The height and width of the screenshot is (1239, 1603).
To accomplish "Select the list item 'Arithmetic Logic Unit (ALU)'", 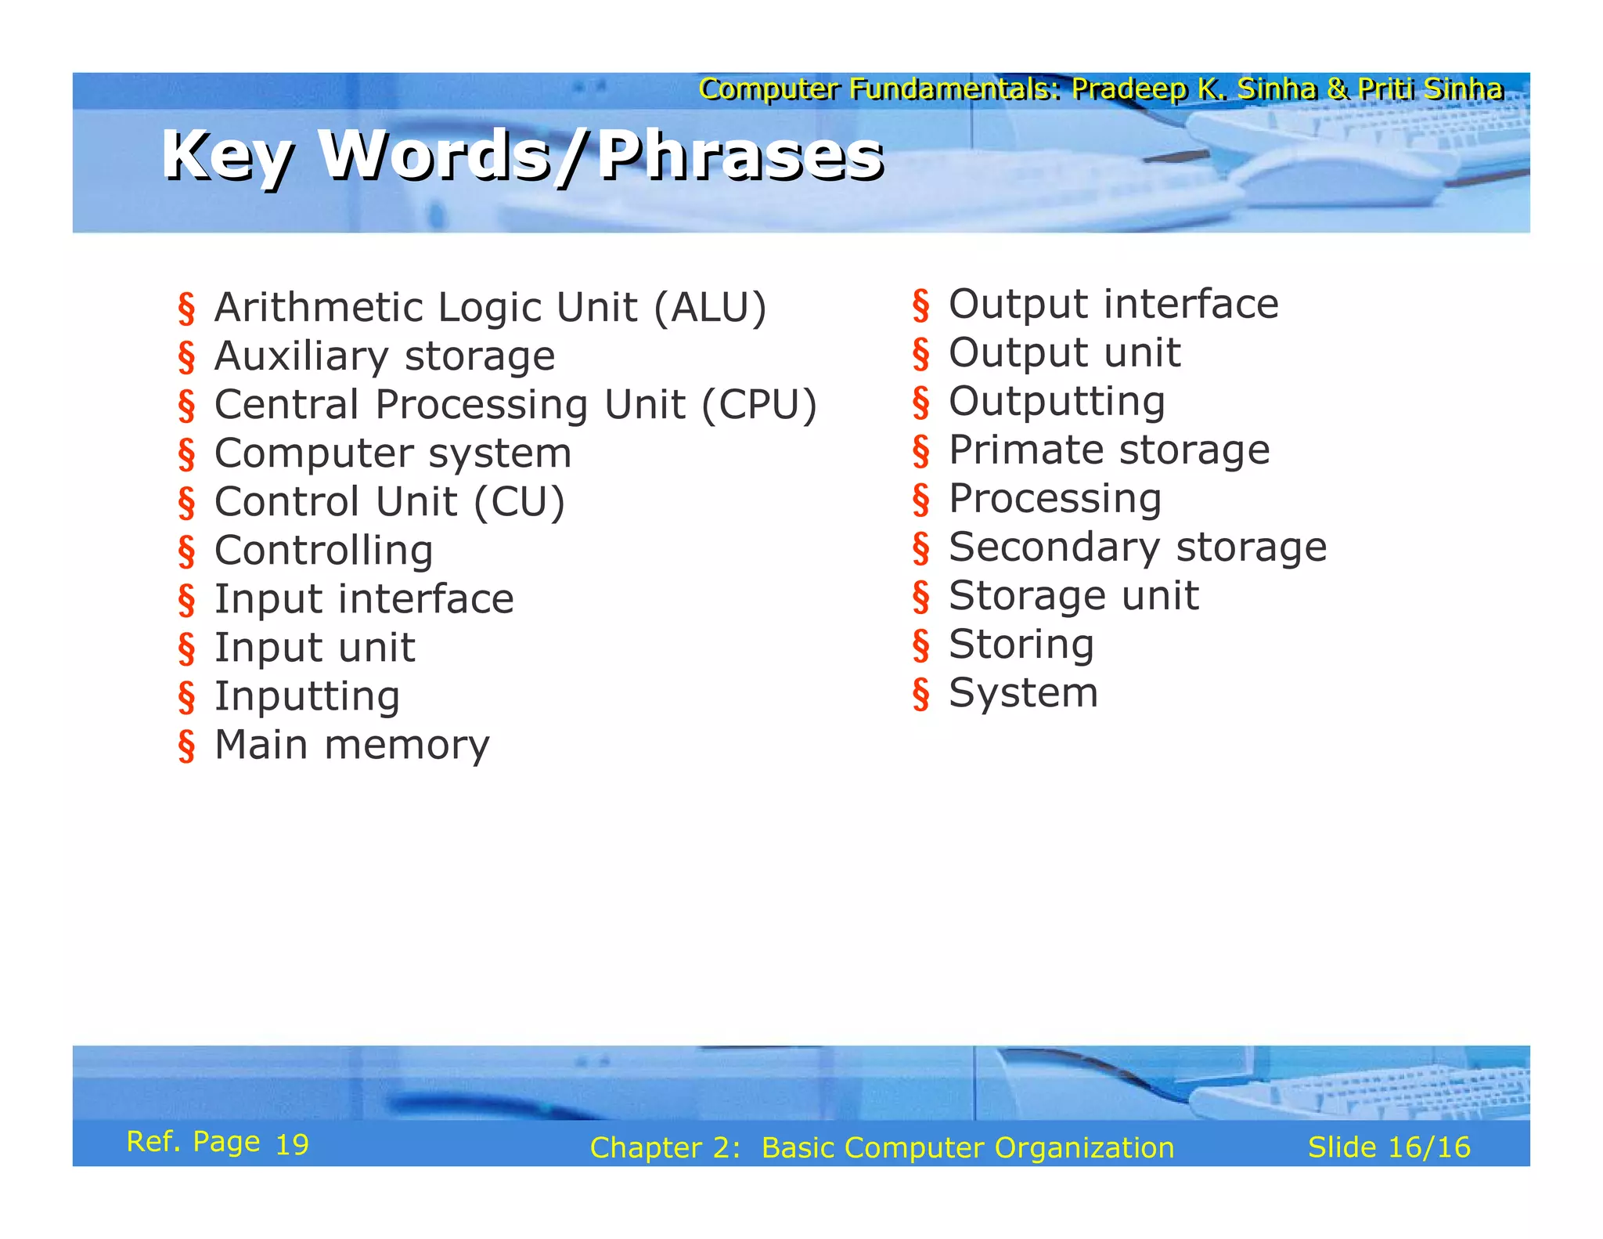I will click(x=490, y=307).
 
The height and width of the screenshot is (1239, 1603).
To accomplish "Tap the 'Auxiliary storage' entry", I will click(x=384, y=356).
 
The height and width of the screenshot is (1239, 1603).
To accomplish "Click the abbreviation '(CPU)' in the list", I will click(x=758, y=405).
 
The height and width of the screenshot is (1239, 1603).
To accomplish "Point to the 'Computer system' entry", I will click(x=393, y=453).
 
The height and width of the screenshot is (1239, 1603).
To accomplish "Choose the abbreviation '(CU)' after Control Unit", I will click(x=519, y=502).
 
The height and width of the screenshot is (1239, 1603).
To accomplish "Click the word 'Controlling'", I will click(x=323, y=551).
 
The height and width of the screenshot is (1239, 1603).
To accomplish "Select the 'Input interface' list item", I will click(x=364, y=599).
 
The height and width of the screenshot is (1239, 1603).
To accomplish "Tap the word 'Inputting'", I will click(x=307, y=696).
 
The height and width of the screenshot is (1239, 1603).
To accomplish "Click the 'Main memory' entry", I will click(x=351, y=745).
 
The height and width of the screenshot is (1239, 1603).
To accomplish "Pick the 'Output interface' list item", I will click(x=1113, y=304).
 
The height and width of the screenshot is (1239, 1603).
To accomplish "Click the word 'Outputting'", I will click(x=1057, y=402).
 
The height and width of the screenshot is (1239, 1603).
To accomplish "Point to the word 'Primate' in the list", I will click(x=1025, y=450).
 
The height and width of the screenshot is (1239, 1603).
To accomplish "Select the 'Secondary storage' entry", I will click(x=1137, y=547).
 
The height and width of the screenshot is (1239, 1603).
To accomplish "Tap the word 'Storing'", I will click(x=1021, y=645).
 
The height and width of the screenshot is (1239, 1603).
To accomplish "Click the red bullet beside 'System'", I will click(x=921, y=695).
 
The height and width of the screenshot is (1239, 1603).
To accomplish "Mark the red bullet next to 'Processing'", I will click(x=921, y=500).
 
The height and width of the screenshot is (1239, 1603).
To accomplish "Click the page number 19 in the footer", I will click(x=292, y=1144).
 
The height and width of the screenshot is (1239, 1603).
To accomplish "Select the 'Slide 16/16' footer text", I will click(x=1389, y=1147).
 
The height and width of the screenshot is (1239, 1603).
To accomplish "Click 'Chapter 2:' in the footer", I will click(x=665, y=1147).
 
